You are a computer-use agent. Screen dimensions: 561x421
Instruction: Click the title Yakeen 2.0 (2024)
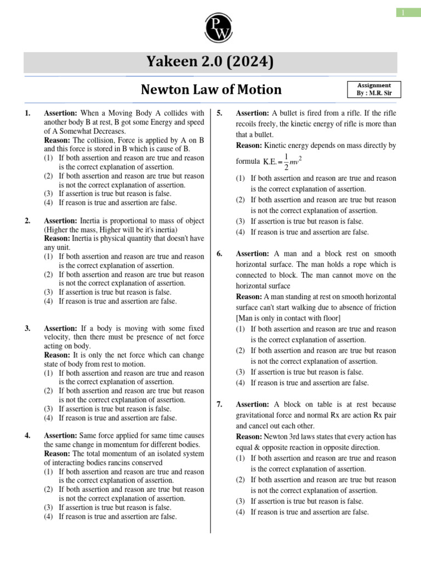pos(210,62)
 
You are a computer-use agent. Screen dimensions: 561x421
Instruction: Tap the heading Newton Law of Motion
pos(211,89)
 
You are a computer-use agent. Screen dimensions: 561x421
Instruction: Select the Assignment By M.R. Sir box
pos(374,89)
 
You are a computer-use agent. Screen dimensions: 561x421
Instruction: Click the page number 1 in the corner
pos(406,12)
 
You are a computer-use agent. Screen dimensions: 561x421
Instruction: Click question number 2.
pos(27,221)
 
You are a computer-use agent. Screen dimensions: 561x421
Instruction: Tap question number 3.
pos(27,329)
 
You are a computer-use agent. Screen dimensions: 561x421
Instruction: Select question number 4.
pos(27,436)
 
